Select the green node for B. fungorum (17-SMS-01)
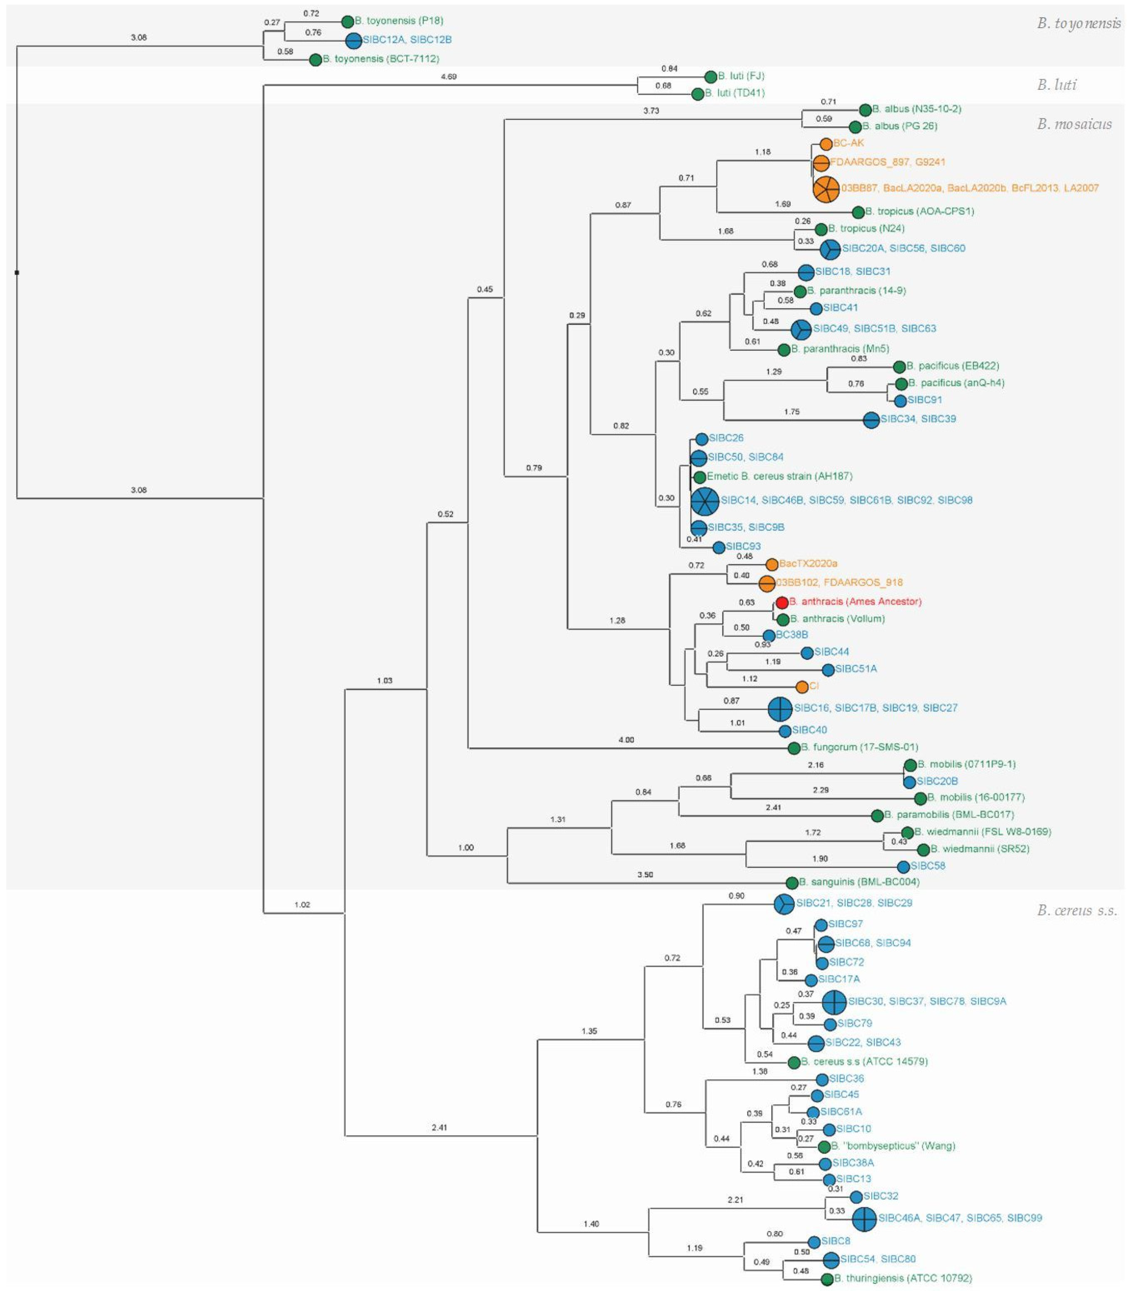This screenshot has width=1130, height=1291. [794, 748]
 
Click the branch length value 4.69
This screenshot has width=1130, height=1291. [448, 77]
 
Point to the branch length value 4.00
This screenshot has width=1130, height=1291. [626, 740]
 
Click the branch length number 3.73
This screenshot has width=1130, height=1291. [651, 111]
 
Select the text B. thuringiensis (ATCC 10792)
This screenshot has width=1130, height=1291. [903, 1279]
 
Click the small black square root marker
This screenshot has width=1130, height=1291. [17, 272]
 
